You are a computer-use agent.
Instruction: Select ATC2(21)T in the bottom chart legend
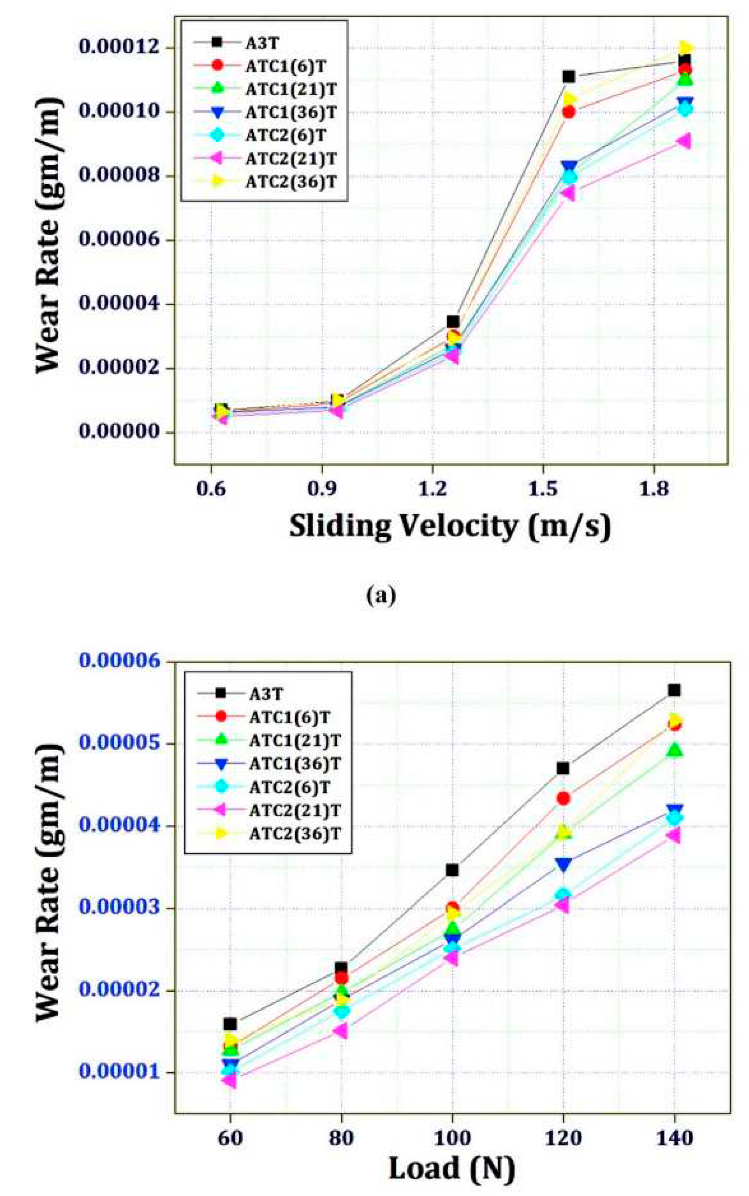295,811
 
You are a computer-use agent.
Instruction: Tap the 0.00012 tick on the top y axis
119,48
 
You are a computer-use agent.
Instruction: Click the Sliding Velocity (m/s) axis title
450,527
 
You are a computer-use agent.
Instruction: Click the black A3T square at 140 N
674,691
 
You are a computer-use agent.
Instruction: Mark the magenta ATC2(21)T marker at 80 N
340,1031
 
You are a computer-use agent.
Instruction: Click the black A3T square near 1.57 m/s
569,77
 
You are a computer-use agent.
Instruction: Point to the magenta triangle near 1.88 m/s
684,141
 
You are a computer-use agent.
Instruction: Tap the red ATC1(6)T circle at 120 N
563,798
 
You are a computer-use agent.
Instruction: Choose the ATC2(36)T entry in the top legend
291,182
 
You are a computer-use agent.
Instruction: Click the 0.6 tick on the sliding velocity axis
211,489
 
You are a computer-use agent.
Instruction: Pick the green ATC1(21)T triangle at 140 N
674,750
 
